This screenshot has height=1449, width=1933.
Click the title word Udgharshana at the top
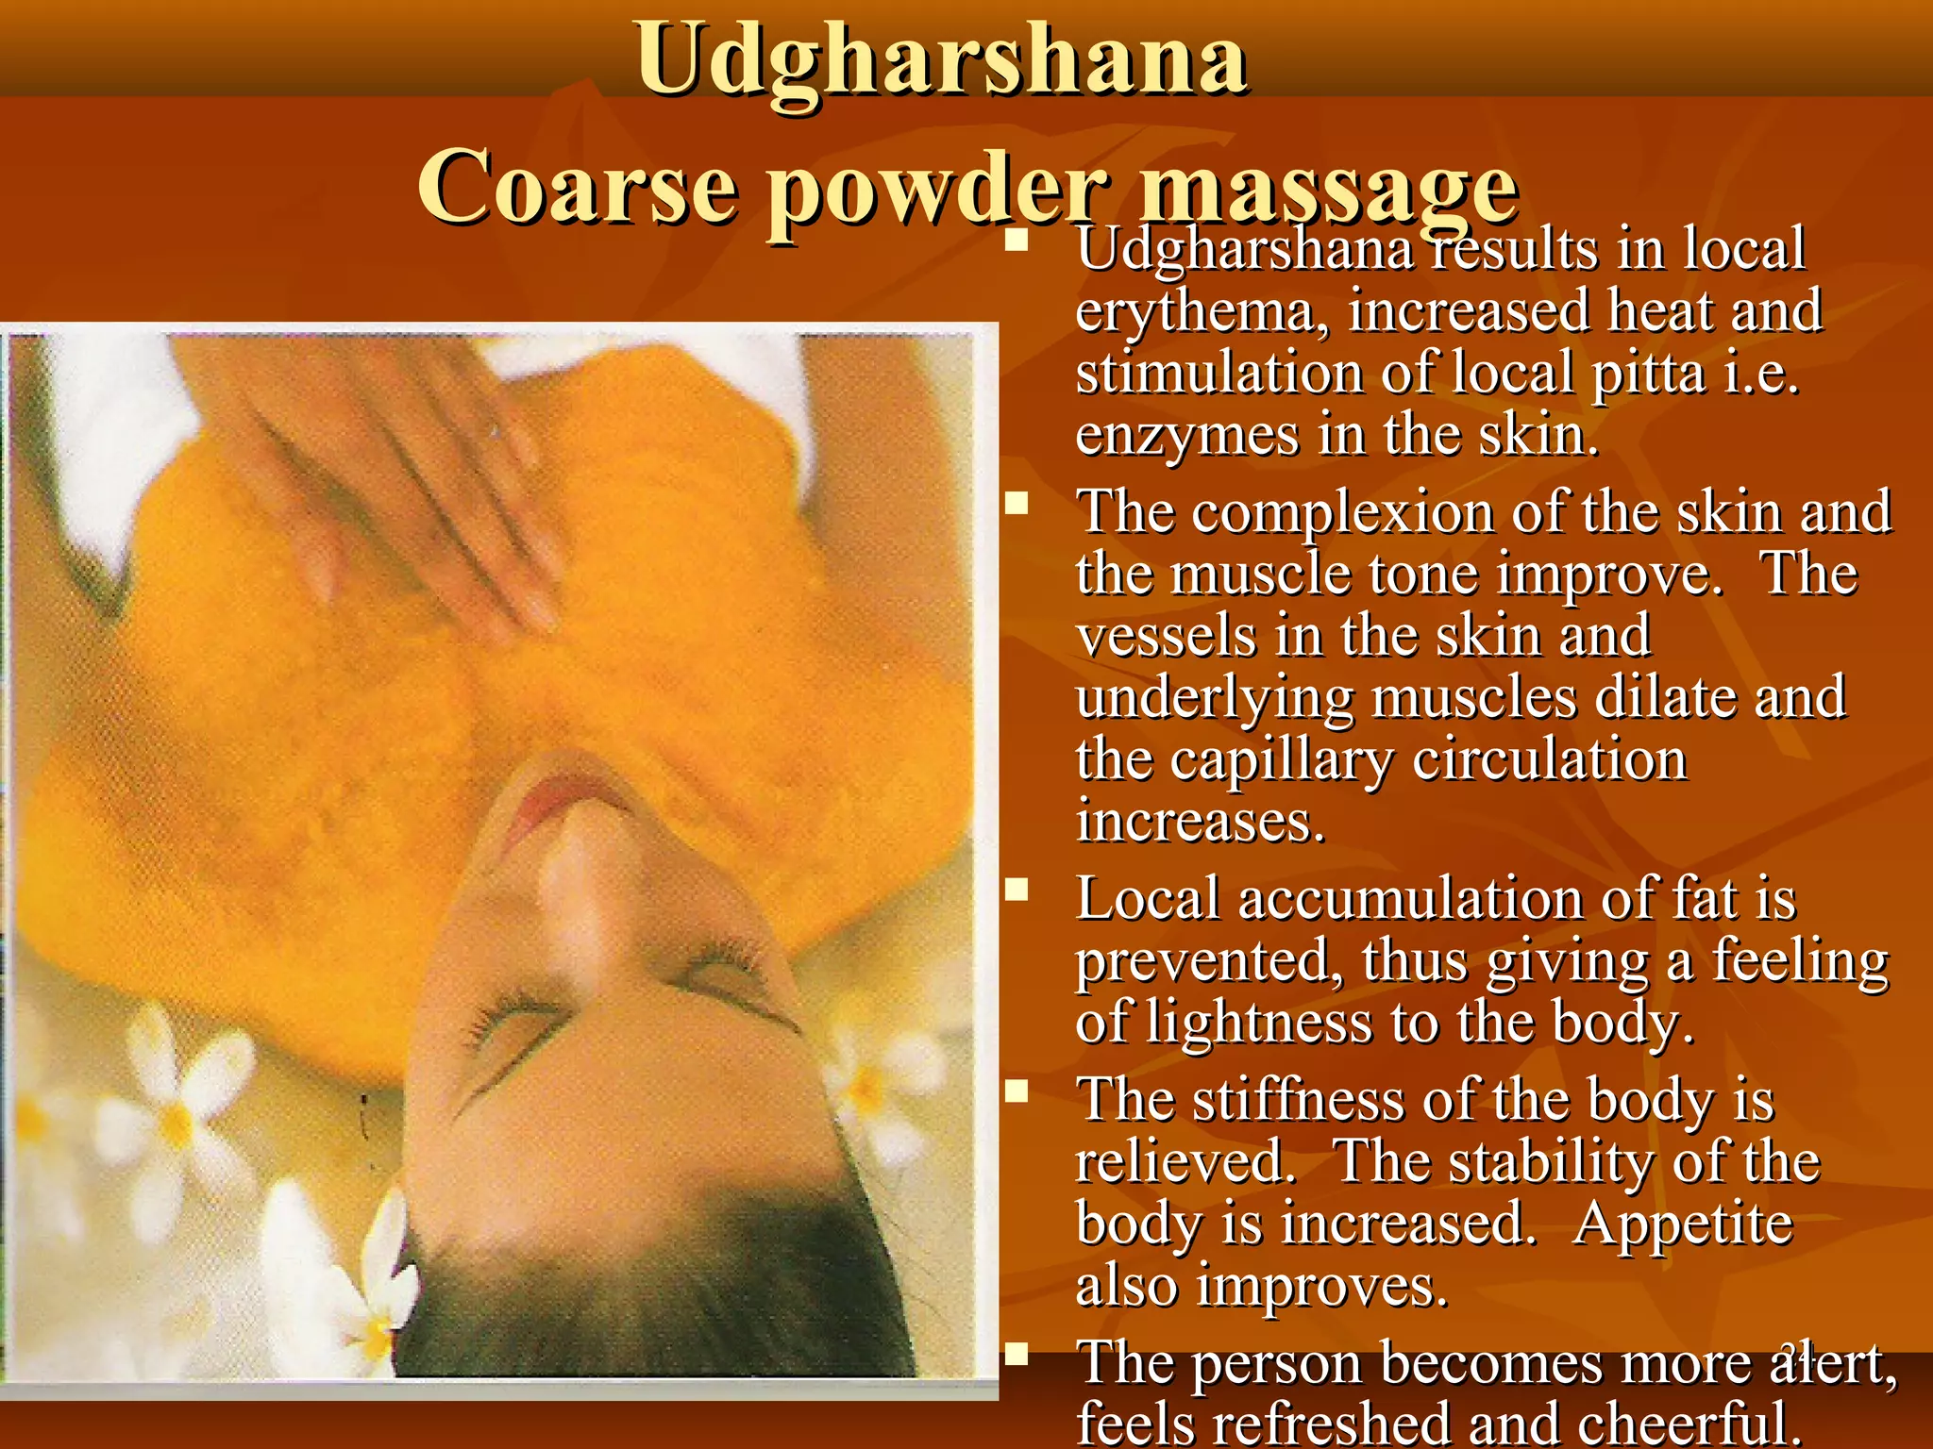click(x=942, y=60)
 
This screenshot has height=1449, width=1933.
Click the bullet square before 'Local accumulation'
click(x=1017, y=890)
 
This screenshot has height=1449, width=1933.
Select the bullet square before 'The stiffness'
click(x=1017, y=1091)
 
